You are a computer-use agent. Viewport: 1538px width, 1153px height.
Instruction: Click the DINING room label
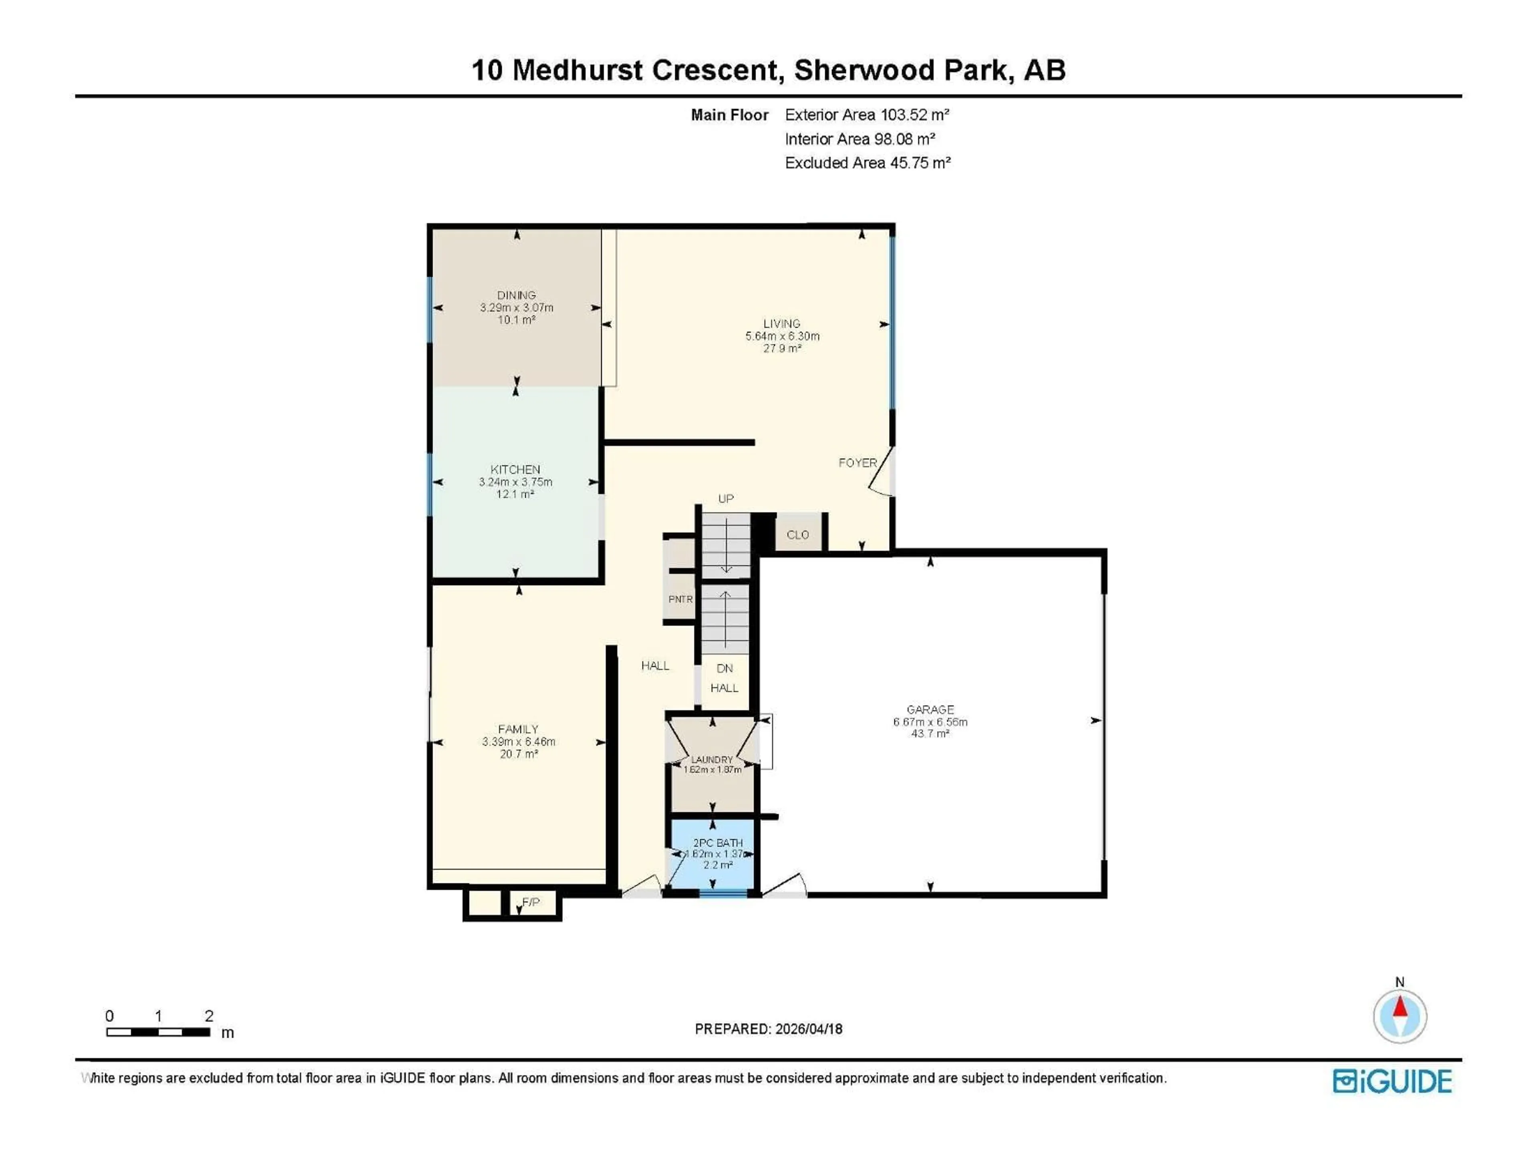[516, 295]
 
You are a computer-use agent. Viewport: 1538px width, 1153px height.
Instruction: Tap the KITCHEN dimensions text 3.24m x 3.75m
[515, 482]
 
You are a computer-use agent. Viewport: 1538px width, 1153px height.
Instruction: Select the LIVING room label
[781, 323]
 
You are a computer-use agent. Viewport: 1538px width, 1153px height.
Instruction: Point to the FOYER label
[857, 463]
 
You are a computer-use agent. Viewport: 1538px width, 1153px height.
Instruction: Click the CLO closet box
[797, 534]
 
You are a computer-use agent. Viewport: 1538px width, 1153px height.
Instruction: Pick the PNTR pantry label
[680, 599]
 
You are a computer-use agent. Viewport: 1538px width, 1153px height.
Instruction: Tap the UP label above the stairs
[725, 498]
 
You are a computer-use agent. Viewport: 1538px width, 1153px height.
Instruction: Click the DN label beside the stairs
[725, 668]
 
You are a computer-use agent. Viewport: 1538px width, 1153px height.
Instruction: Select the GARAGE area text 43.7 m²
[930, 733]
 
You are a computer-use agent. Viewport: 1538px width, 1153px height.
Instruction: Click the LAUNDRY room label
[711, 759]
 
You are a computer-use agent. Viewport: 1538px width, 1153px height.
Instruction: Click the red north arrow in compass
[1400, 1007]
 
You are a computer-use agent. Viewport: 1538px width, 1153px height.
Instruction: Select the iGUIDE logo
[1392, 1081]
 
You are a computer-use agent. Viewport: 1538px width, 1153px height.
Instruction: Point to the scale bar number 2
[209, 1015]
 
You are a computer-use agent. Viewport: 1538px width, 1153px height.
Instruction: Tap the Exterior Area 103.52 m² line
[866, 114]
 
